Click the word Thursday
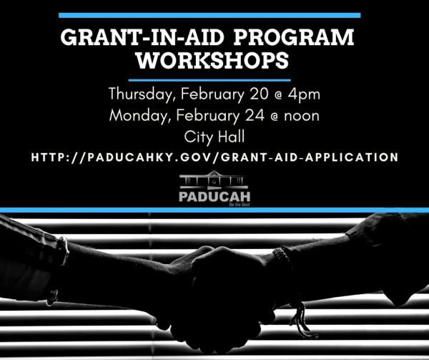point(142,94)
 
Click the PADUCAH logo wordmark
point(214,195)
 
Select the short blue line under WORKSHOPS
point(210,79)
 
